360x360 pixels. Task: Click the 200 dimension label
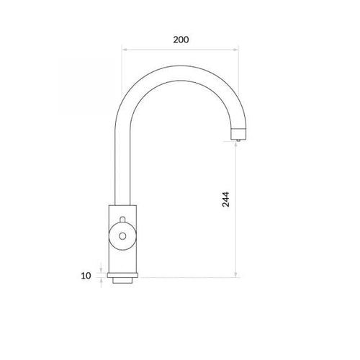pyautogui.click(x=181, y=40)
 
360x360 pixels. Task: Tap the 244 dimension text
pyautogui.click(x=225, y=199)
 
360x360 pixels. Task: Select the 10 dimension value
pyautogui.click(x=86, y=276)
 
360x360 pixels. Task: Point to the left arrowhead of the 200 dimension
pyautogui.click(x=125, y=50)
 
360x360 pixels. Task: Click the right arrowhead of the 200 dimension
pyautogui.click(x=235, y=50)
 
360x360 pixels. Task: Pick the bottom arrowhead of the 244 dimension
pyautogui.click(x=236, y=274)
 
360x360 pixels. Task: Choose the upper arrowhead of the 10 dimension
pyautogui.click(x=101, y=271)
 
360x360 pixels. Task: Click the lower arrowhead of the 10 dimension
pyautogui.click(x=101, y=280)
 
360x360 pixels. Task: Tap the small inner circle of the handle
pyautogui.click(x=122, y=236)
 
